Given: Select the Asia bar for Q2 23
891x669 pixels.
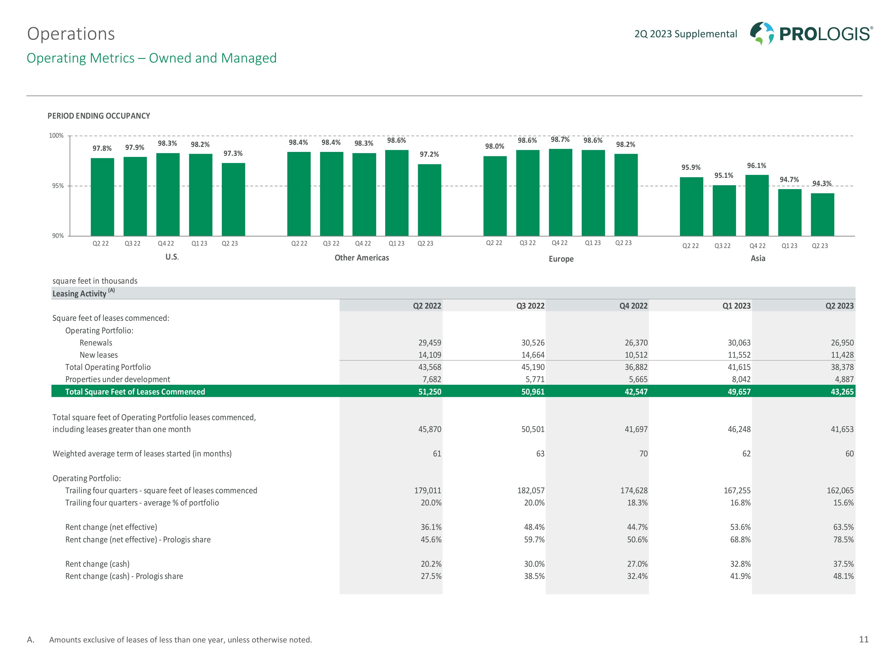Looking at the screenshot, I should pyautogui.click(x=822, y=215).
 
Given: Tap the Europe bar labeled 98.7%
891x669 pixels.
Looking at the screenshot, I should pyautogui.click(x=560, y=192).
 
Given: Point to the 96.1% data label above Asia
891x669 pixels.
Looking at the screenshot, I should pyautogui.click(x=756, y=166).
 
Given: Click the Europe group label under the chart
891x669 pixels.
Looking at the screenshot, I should pyautogui.click(x=561, y=259).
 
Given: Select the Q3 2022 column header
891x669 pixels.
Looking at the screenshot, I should pyautogui.click(x=530, y=306).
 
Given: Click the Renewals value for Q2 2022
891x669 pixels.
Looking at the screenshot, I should pyautogui.click(x=430, y=343).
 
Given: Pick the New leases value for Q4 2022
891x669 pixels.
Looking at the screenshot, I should pyautogui.click(x=636, y=355).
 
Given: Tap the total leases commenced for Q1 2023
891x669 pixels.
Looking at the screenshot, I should pyautogui.click(x=739, y=392).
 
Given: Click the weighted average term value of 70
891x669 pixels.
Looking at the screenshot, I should pyautogui.click(x=643, y=454).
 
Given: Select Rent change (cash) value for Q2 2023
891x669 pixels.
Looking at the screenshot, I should pyautogui.click(x=843, y=564).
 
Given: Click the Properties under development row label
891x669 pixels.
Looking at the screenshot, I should pyautogui.click(x=118, y=379).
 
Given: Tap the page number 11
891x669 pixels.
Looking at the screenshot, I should pyautogui.click(x=864, y=640).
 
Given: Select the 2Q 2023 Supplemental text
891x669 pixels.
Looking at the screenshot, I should pyautogui.click(x=685, y=34).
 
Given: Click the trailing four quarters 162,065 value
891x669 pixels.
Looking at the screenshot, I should pyautogui.click(x=840, y=490).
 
